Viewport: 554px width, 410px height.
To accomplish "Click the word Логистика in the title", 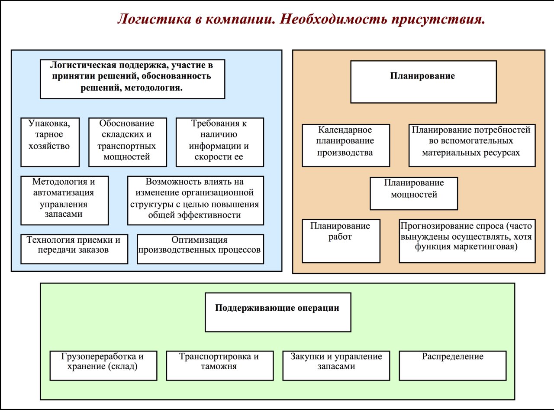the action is pos(155,20).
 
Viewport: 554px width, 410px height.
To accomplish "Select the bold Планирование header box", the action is pos(423,82).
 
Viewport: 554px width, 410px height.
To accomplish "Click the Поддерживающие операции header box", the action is pos(278,312).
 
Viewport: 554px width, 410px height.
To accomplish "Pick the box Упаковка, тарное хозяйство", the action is pos(50,142).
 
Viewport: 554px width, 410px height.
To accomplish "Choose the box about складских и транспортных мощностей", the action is pos(127,142).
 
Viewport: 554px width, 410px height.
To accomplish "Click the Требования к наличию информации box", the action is pos(220,142).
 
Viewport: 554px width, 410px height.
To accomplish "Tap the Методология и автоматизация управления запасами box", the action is pos(64,200).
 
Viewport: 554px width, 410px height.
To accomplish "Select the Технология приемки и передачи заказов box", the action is pos(74,249).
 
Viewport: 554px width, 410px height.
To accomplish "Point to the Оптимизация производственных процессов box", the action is pos(200,249).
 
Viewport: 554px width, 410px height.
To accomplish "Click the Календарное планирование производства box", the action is pos(346,145).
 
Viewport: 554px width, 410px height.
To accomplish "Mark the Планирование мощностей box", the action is pos(414,193).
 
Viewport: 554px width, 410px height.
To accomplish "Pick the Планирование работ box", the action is pos(341,241).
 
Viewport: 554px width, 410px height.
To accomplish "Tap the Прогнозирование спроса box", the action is pos(467,241).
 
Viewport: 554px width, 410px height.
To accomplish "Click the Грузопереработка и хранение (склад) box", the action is pos(103,365).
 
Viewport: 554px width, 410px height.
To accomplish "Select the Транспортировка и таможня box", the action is pos(220,365).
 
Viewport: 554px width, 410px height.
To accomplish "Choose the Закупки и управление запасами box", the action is pos(336,365).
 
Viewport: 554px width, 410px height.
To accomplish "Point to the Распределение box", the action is pos(453,365).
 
